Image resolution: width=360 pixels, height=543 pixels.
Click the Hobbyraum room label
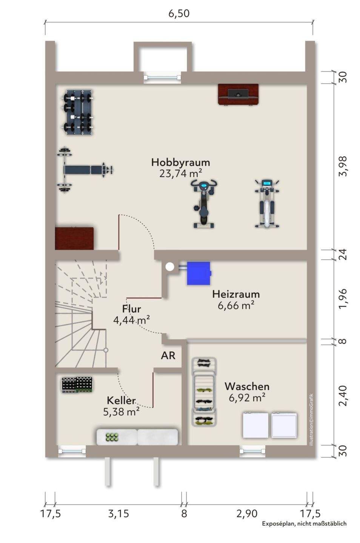coord(180,162)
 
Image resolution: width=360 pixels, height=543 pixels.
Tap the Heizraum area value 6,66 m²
coord(235,305)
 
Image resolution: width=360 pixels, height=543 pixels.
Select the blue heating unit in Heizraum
coord(198,273)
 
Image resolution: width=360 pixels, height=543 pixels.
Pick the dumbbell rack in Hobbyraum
coord(78,112)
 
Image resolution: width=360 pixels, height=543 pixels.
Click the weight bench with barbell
coord(85,170)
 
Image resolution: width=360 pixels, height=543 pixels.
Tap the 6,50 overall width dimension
coord(179,14)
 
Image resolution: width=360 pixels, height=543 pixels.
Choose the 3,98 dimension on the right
coord(343,166)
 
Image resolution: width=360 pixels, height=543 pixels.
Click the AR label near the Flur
coord(168,355)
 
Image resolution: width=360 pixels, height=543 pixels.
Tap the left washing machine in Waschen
coord(255,425)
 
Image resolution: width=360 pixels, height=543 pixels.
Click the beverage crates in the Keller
coord(77,385)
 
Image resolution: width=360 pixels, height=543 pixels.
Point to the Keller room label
coord(121,400)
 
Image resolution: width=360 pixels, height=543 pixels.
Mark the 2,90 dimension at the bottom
coord(247,513)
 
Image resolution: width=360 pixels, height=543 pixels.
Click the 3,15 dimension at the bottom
coord(118,513)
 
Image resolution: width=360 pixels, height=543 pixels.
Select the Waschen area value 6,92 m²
coord(247,397)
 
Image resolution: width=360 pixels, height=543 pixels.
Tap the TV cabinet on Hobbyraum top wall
coord(238,94)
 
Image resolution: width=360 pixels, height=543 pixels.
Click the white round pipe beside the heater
coord(170,267)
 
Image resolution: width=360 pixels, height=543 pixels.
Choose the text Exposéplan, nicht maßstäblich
coord(304,523)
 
